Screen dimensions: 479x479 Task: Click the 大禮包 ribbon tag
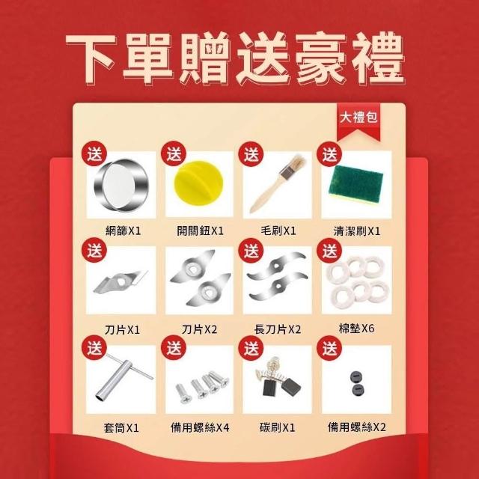(359, 121)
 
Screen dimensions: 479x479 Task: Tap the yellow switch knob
(198, 183)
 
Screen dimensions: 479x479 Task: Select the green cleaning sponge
(356, 183)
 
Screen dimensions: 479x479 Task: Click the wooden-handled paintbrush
(278, 183)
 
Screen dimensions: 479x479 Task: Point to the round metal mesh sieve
(121, 185)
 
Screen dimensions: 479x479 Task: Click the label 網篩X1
(123, 231)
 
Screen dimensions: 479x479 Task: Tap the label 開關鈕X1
(200, 231)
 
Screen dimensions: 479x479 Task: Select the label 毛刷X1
(278, 231)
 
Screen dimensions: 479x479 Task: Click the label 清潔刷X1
(357, 231)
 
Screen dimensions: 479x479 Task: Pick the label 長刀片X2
(278, 329)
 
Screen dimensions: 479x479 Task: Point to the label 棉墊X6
(356, 329)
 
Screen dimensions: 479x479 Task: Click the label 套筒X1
(121, 427)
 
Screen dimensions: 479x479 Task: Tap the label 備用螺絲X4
(200, 427)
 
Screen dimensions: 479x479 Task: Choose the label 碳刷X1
(278, 427)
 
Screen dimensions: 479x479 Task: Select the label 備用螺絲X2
(357, 427)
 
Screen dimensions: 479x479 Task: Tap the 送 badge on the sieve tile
(94, 153)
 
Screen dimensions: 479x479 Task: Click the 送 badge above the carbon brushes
(251, 348)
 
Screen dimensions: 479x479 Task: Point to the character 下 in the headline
(91, 58)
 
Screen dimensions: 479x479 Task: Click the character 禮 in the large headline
(378, 58)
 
